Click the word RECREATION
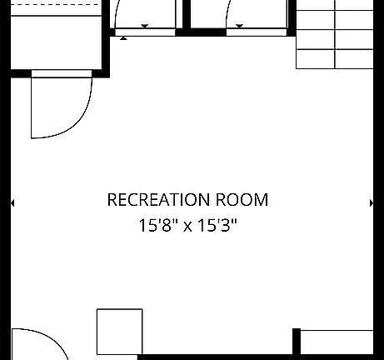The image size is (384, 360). [158, 200]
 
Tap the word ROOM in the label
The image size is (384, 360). [242, 200]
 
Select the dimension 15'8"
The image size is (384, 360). [158, 225]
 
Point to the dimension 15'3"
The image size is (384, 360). [217, 225]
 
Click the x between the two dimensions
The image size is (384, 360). [187, 227]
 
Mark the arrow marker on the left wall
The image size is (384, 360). [12, 203]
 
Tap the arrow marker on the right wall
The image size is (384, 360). [372, 203]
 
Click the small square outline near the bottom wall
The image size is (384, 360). [120, 332]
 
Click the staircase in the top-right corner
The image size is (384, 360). [335, 34]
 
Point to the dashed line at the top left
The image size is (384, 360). [55, 4]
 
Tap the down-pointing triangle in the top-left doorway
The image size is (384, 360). [145, 26]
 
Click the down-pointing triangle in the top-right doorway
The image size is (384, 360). [239, 26]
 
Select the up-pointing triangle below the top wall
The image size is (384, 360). [123, 38]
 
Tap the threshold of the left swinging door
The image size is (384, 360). [62, 73]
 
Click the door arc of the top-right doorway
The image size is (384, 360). [227, 14]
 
